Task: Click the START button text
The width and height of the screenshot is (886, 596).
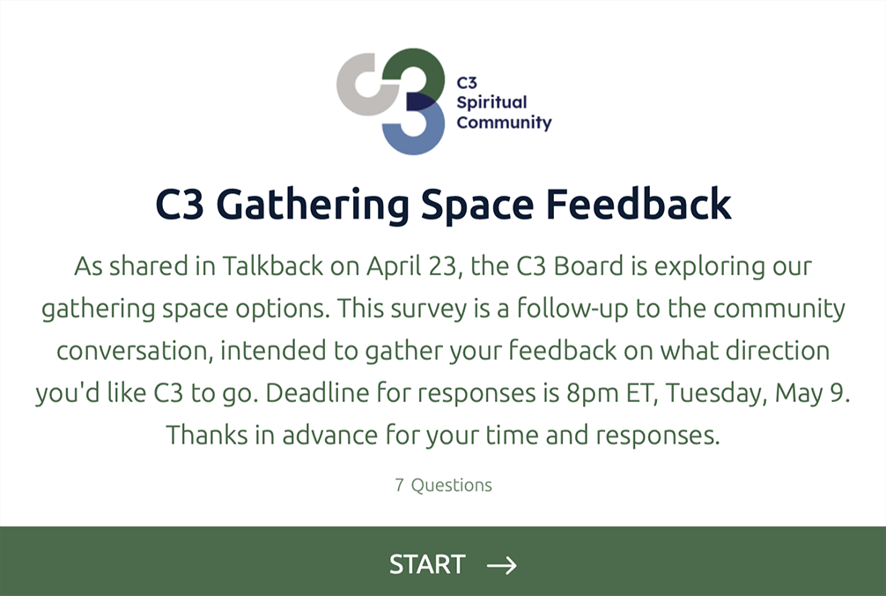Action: click(x=426, y=564)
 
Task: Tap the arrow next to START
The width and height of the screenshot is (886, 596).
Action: click(x=502, y=565)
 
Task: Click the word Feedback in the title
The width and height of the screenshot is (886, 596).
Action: click(x=639, y=204)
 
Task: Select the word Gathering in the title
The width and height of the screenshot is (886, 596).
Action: click(x=313, y=205)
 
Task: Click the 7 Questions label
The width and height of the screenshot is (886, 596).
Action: click(x=444, y=485)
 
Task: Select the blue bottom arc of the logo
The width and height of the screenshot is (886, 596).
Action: click(x=418, y=133)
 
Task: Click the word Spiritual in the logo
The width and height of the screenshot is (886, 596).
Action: click(x=491, y=103)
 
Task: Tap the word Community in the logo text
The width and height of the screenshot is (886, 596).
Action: click(x=504, y=123)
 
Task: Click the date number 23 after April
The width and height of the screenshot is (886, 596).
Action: click(x=442, y=266)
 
